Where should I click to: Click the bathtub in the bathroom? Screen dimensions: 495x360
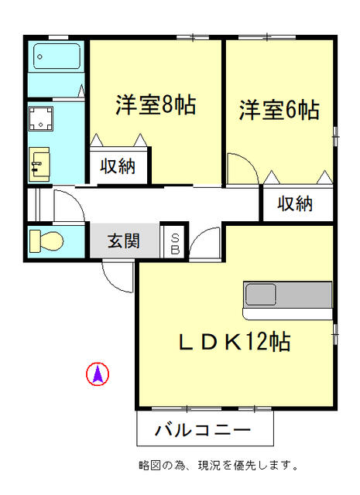(x=57, y=57)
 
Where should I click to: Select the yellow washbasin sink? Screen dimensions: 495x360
(x=39, y=162)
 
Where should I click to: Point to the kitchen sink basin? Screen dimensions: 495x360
(x=261, y=295)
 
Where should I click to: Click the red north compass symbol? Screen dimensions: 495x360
(x=97, y=374)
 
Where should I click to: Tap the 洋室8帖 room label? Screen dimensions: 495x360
(x=156, y=104)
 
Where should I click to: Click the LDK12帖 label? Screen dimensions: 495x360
(x=235, y=341)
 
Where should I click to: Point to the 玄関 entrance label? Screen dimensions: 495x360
(x=123, y=241)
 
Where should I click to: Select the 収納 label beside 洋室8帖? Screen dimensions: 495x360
(x=118, y=166)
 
